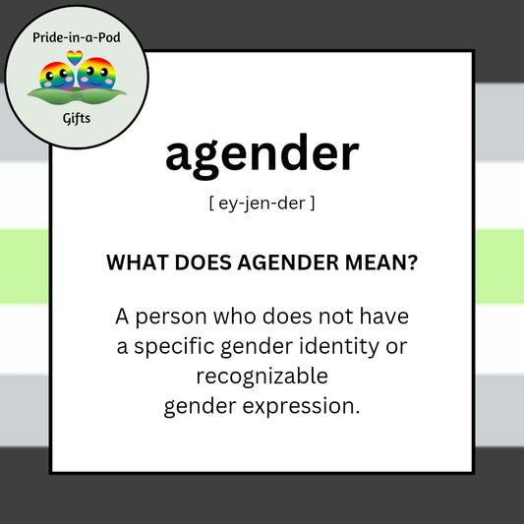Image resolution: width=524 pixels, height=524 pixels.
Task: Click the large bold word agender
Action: (262, 155)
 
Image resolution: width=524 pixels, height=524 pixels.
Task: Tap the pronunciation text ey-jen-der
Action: (262, 204)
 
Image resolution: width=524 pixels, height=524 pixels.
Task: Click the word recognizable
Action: (262, 376)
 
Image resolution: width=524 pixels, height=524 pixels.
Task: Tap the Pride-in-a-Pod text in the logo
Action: (77, 38)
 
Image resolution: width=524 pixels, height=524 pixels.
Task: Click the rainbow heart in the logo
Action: (77, 58)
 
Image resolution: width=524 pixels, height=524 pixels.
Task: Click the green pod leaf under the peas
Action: (77, 95)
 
